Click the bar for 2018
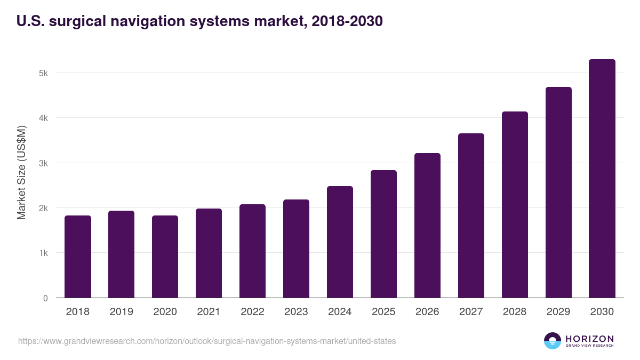[78, 257]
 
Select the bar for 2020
[165, 257]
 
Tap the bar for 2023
[297, 249]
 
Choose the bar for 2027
[471, 215]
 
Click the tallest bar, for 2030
[602, 178]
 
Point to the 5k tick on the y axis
[44, 73]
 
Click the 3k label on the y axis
[44, 163]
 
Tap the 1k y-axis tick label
[44, 253]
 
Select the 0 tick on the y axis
[45, 298]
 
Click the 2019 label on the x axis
[122, 312]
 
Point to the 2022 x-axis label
[253, 312]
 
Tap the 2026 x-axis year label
[428, 312]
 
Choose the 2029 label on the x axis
[558, 312]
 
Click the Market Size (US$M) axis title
[21, 172]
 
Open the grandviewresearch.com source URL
[207, 341]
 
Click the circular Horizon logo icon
[553, 341]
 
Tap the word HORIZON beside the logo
[589, 339]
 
